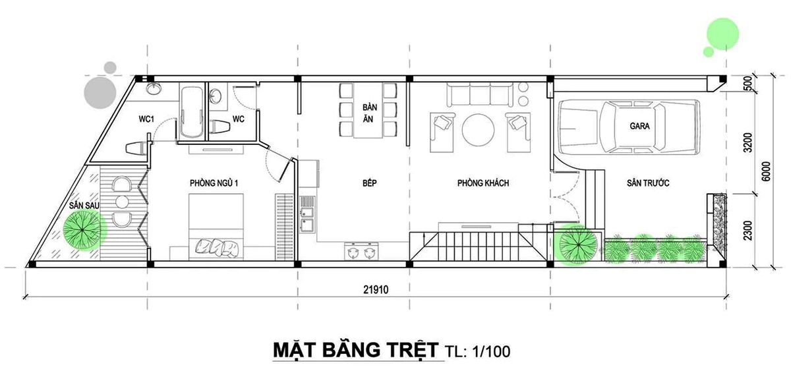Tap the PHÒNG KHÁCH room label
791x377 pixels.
[483, 183]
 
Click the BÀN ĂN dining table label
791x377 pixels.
[369, 114]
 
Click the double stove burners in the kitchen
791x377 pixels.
[361, 251]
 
